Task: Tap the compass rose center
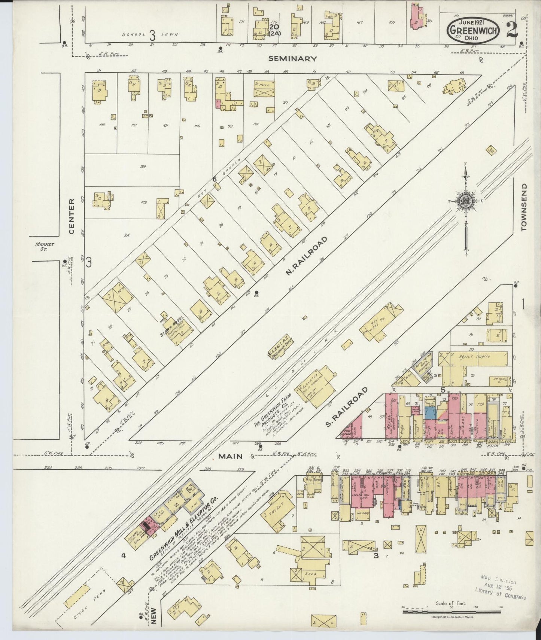coord(465,202)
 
